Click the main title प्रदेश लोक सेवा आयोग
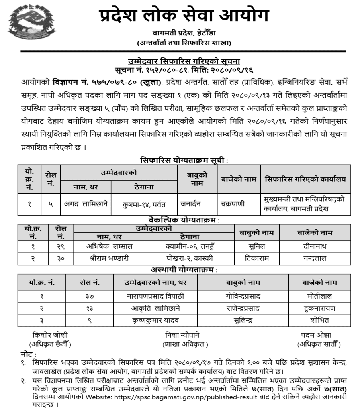[x=184, y=16]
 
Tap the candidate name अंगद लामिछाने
[x=86, y=203]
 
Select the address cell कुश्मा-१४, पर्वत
[x=144, y=204]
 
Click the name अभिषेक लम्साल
[x=109, y=246]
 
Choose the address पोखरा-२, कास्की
[x=190, y=258]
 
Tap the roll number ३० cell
[x=61, y=258]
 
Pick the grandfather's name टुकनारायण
[x=319, y=308]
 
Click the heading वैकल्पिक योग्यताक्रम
[x=183, y=220]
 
